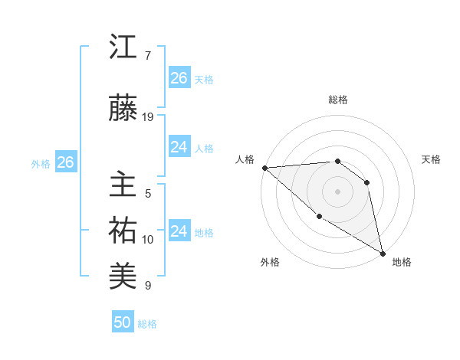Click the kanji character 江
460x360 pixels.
point(123,47)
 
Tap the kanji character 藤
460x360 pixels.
point(123,109)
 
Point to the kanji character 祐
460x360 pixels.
point(123,231)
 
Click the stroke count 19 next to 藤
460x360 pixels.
point(148,116)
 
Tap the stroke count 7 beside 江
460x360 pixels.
point(147,56)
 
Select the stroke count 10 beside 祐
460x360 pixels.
point(148,239)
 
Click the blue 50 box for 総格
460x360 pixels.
point(123,322)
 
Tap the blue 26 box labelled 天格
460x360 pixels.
point(179,77)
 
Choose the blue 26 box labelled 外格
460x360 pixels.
point(65,162)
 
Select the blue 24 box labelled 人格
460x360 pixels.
point(179,147)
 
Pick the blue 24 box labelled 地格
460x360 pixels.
point(179,231)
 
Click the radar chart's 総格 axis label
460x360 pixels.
point(338,100)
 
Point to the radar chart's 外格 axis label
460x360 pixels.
point(270,262)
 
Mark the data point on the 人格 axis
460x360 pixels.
point(264,167)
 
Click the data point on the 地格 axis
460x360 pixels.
point(383,253)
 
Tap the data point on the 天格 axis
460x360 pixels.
point(367,182)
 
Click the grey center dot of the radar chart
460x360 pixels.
point(337,191)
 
